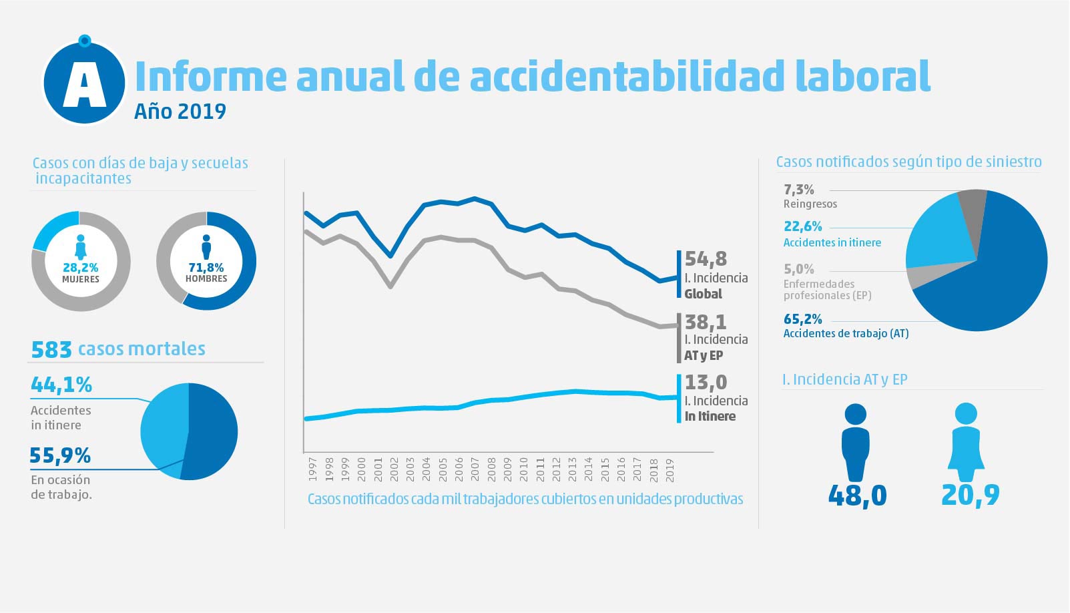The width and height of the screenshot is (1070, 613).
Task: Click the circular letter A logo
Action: (84, 83)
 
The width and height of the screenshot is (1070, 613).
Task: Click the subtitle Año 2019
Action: (180, 111)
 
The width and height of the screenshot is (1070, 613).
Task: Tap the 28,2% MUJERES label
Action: (81, 272)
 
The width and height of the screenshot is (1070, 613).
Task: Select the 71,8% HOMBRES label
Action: (206, 272)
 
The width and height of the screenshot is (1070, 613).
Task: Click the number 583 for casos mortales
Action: (51, 349)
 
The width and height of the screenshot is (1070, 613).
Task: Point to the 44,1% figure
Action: (61, 385)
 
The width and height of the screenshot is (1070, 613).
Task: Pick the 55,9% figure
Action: (60, 455)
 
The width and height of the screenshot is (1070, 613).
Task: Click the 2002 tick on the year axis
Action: (394, 469)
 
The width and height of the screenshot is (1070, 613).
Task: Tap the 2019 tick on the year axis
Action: (670, 469)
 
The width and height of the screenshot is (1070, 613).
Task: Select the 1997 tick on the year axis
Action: (312, 469)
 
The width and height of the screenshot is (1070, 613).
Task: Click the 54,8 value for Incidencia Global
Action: (706, 258)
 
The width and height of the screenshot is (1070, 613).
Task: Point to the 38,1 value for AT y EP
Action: (706, 322)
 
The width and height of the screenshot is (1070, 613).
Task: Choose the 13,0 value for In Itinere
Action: (706, 382)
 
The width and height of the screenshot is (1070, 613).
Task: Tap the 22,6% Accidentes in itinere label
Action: (803, 226)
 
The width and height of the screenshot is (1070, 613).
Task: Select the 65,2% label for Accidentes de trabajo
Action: (803, 319)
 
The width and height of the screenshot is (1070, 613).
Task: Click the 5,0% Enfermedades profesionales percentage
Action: (799, 269)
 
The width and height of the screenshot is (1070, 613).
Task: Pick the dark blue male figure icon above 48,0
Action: (856, 441)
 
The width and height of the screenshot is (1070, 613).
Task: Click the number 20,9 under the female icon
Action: (971, 495)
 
